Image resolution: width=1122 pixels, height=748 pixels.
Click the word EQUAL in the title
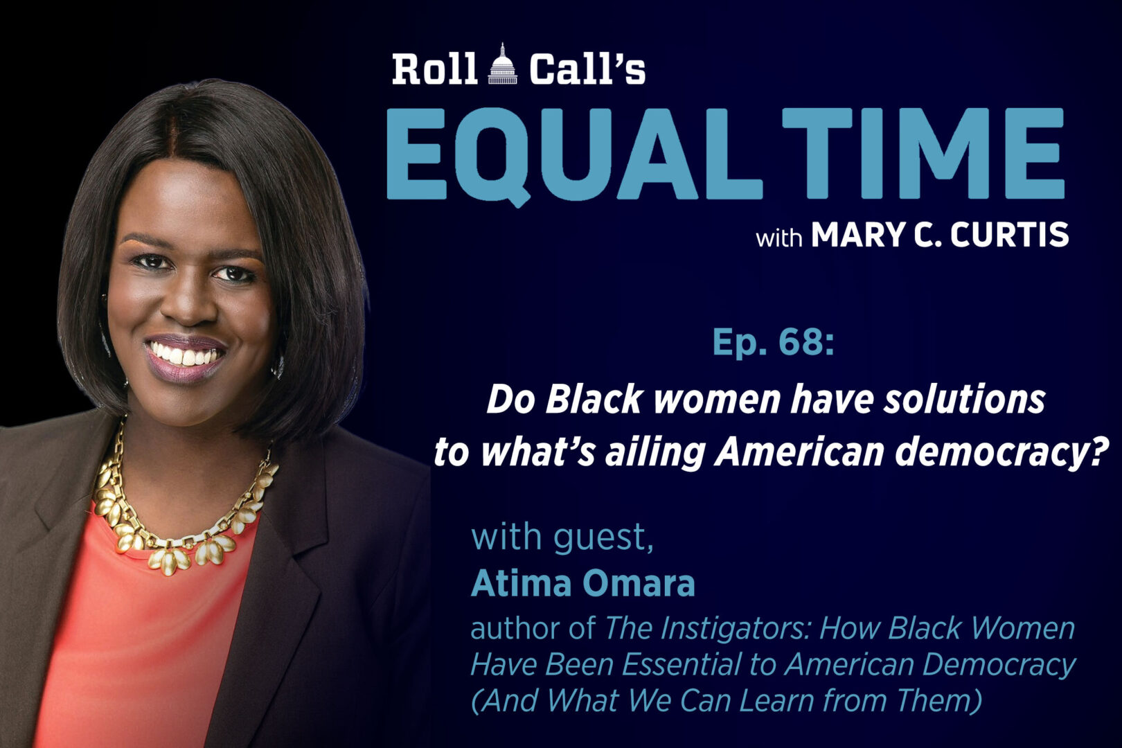pos(574,155)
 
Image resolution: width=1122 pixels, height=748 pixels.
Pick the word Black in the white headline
pos(594,400)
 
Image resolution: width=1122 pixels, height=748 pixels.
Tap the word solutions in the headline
pos(963,400)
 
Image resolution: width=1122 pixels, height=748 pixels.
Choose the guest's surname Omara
pos(636,583)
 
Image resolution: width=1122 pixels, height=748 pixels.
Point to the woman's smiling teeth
pos(184,355)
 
